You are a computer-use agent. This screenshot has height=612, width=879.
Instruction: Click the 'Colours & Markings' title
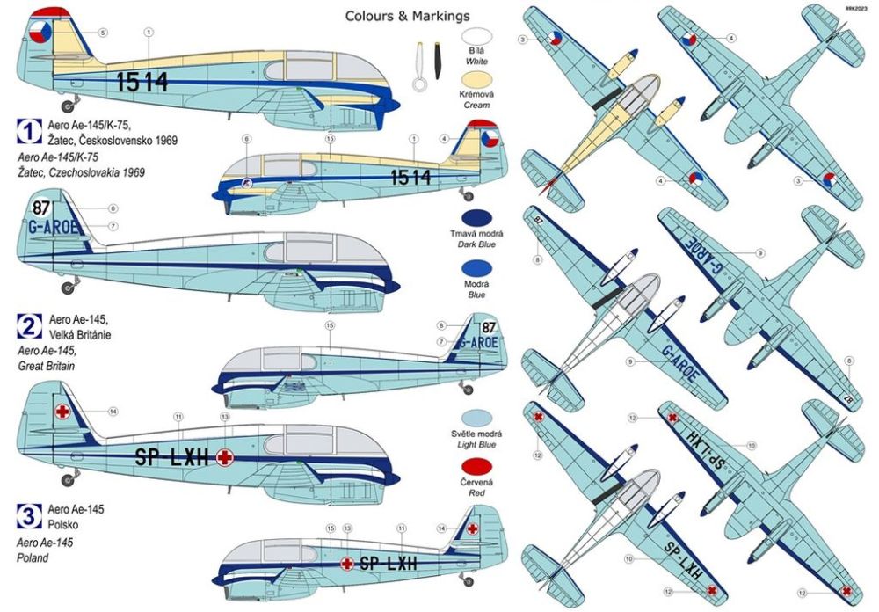tap(407, 16)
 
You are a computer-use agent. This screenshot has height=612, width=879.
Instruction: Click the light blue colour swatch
tap(476, 420)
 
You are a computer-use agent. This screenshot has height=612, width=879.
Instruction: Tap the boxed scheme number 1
tap(27, 132)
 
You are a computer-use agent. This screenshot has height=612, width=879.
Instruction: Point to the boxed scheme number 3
tap(27, 514)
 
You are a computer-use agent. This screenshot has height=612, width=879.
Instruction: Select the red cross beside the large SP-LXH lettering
tap(225, 455)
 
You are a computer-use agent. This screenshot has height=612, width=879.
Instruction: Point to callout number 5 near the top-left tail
tap(103, 33)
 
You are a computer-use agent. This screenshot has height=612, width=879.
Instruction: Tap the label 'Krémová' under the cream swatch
tap(476, 106)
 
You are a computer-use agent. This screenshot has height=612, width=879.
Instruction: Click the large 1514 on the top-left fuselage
tap(142, 83)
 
